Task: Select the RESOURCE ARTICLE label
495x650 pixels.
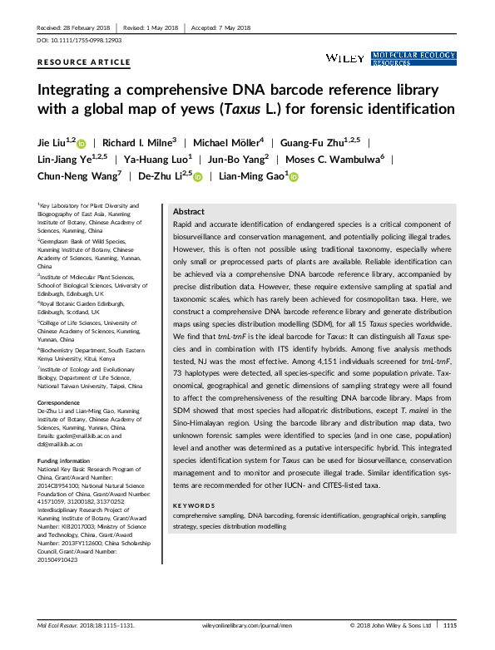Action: click(84, 62)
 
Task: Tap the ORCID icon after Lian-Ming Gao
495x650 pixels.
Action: click(294, 176)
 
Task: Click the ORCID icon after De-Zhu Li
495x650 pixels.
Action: click(199, 176)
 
